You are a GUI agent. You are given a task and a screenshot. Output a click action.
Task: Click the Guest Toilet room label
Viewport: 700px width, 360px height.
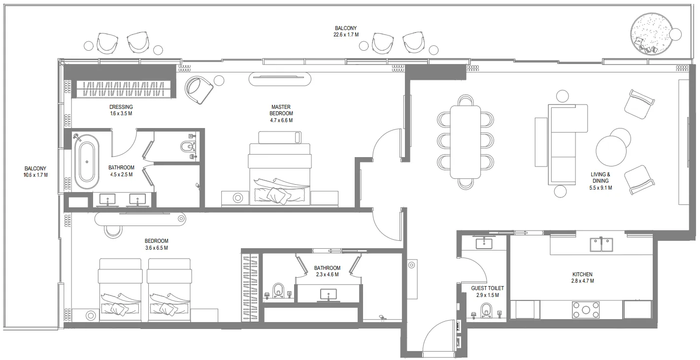(x=487, y=292)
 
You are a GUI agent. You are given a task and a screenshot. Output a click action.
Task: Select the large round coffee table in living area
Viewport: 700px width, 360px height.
(x=611, y=152)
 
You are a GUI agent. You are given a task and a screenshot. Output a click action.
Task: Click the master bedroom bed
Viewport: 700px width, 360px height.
(x=280, y=173)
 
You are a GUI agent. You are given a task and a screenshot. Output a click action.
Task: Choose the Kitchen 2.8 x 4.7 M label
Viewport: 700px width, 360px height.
(x=582, y=278)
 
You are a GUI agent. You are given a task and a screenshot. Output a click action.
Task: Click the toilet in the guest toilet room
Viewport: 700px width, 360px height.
(x=487, y=311)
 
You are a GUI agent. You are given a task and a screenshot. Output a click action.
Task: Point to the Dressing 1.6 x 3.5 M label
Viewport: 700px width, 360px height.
(x=121, y=110)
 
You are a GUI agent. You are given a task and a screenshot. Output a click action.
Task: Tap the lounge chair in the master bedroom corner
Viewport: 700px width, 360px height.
(x=199, y=90)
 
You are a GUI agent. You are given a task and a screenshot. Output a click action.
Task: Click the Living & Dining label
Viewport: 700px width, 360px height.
(x=600, y=181)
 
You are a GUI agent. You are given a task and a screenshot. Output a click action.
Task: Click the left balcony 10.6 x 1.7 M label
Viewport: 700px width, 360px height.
(x=35, y=171)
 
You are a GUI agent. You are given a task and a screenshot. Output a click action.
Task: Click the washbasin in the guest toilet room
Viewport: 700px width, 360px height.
(x=484, y=242)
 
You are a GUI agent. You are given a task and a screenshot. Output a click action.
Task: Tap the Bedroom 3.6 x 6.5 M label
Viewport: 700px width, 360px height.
(x=156, y=244)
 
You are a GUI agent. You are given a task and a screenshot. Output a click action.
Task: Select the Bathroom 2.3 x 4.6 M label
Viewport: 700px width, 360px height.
(x=327, y=271)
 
